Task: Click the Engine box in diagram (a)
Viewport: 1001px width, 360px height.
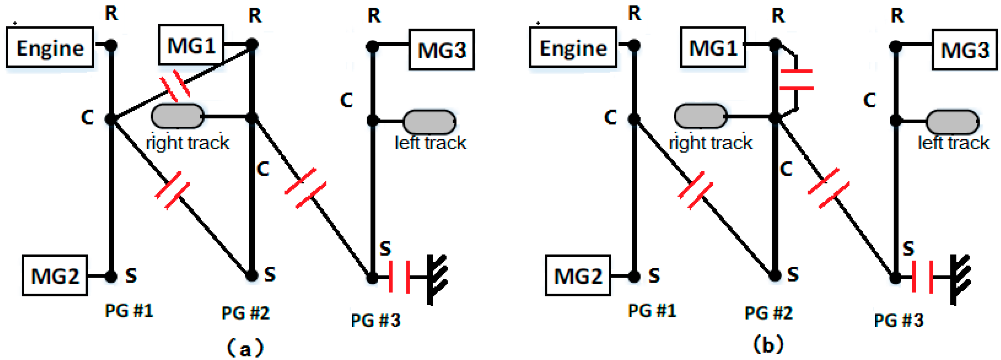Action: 50,47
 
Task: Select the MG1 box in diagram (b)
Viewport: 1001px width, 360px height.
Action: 713,47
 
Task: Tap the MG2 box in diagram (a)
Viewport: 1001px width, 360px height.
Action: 55,276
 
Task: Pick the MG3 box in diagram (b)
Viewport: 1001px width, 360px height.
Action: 965,50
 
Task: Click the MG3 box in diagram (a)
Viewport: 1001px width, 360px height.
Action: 441,50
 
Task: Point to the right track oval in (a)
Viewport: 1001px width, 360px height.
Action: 178,116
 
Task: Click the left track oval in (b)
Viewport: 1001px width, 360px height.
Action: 953,122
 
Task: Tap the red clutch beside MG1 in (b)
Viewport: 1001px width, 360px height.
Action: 797,80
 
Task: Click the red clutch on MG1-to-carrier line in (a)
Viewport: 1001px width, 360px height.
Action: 175,86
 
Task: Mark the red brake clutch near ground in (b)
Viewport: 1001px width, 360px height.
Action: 922,277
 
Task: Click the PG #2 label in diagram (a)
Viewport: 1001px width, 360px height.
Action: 245,313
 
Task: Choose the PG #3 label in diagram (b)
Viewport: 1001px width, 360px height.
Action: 898,321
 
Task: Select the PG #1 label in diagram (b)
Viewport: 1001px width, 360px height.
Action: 652,311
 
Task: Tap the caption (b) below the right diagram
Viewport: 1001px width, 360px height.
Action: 768,345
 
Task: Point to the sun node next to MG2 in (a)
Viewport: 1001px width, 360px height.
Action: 111,277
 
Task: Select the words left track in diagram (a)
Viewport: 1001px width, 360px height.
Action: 430,143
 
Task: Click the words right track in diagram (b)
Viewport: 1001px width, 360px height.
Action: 710,143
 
